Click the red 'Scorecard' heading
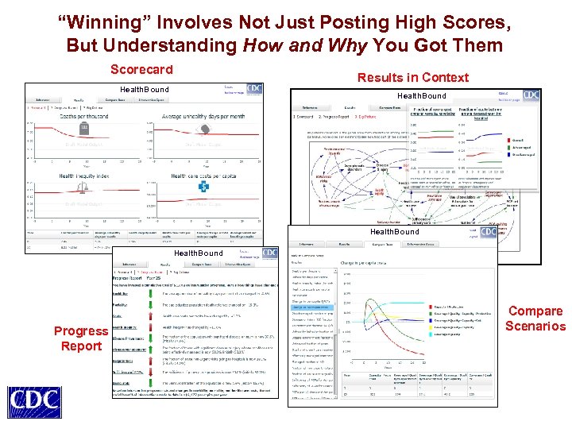click(141, 70)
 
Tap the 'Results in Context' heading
click(413, 77)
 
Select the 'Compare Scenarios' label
click(535, 319)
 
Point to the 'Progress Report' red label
click(80, 338)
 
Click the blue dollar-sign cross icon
click(203, 187)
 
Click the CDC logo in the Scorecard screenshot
click(254, 89)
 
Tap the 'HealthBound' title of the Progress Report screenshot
click(199, 253)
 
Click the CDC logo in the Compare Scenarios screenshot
click(488, 232)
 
